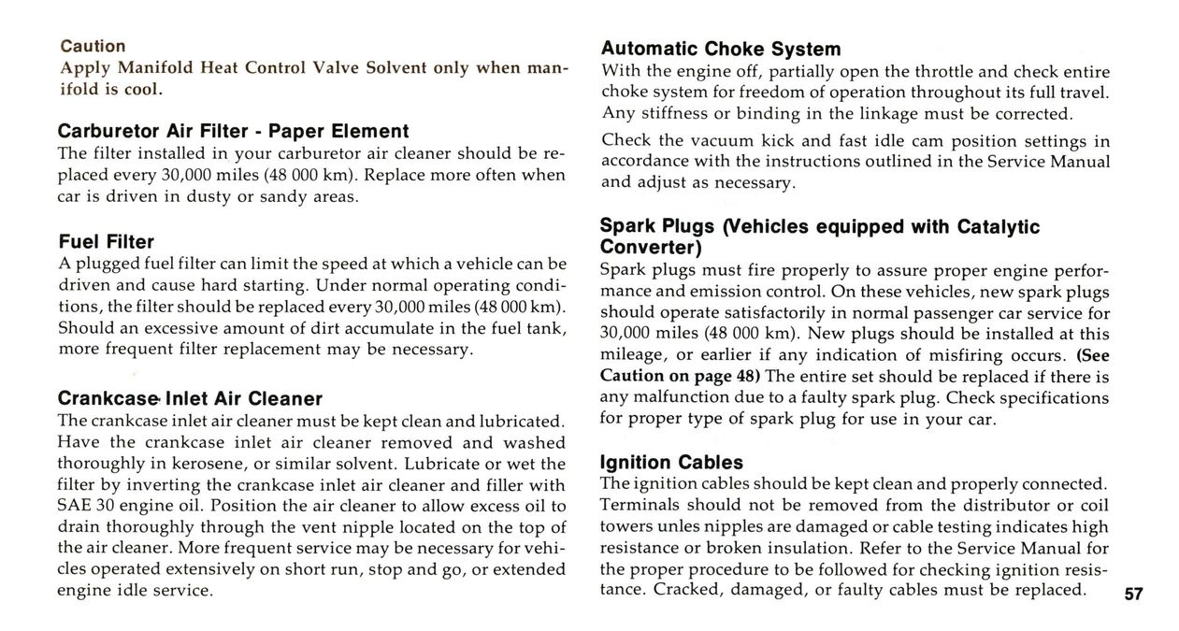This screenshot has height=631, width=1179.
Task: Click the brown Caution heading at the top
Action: pyautogui.click(x=93, y=46)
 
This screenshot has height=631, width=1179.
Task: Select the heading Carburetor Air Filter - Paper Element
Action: pyautogui.click(x=233, y=131)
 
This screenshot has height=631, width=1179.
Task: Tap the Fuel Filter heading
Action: pyautogui.click(x=106, y=242)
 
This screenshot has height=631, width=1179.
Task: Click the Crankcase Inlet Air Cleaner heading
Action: pyautogui.click(x=190, y=399)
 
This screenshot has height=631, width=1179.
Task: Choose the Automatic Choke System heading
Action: pyautogui.click(x=720, y=49)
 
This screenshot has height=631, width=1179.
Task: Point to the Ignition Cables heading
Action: pyautogui.click(x=671, y=463)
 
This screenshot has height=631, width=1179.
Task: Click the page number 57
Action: pyautogui.click(x=1134, y=595)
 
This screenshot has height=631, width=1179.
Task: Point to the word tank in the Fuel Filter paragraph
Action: pyautogui.click(x=548, y=328)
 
